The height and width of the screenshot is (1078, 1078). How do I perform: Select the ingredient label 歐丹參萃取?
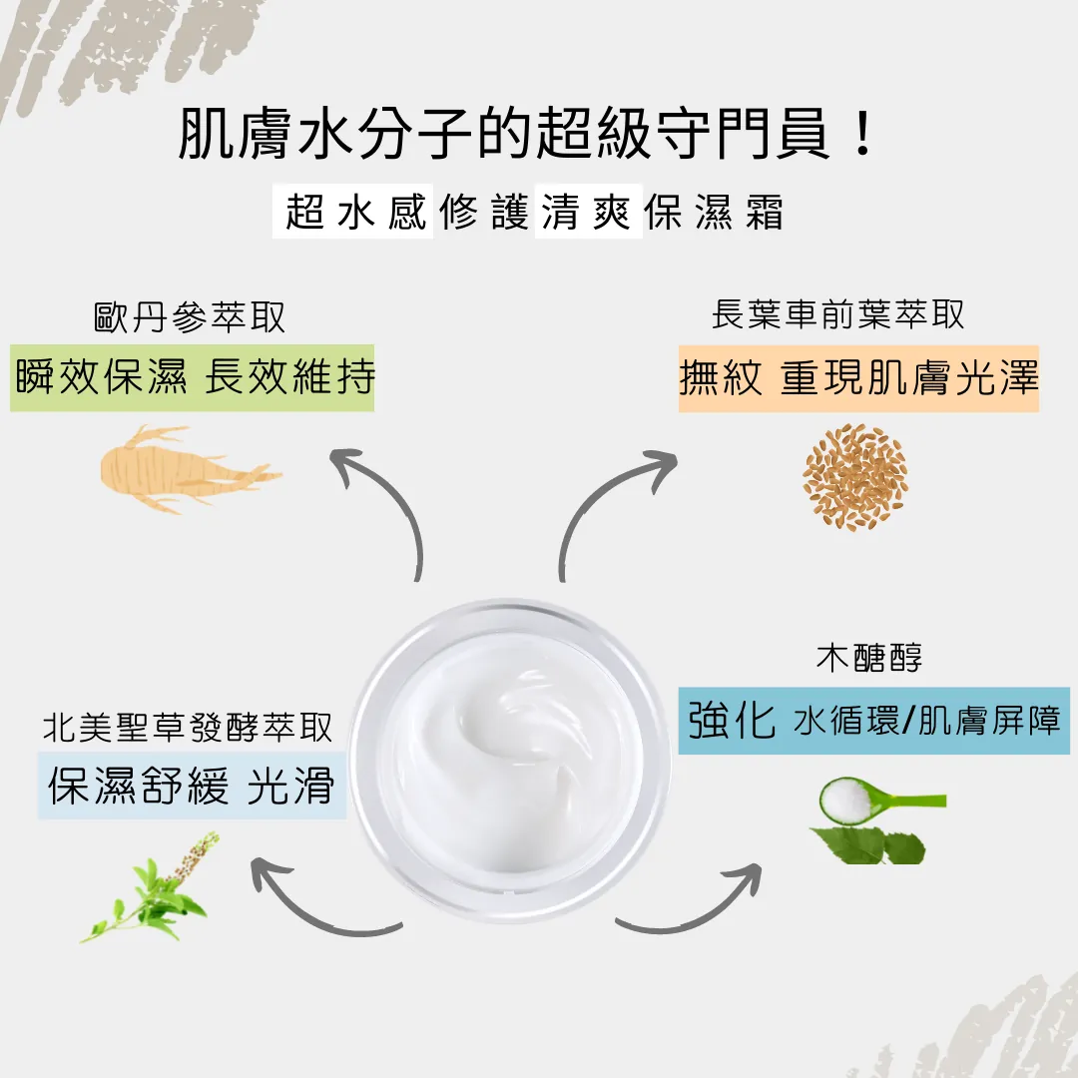190,317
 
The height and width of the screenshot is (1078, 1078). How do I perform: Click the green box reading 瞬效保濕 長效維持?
193,377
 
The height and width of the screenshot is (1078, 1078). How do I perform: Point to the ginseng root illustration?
187,469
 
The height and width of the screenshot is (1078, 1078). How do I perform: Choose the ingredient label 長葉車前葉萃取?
838,314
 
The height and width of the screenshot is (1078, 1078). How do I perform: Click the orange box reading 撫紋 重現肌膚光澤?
858,379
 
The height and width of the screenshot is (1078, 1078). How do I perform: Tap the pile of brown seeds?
855,477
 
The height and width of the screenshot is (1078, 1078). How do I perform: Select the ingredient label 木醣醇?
869,657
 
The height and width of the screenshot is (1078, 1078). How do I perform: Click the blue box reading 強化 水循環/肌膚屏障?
873,721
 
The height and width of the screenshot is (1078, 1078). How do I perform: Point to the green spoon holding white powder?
882,801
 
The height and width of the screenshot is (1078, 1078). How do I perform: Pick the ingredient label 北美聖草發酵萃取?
188,727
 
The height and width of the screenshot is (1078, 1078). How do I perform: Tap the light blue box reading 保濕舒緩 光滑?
192,786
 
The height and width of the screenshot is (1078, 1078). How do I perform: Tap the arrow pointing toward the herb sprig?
302,907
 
